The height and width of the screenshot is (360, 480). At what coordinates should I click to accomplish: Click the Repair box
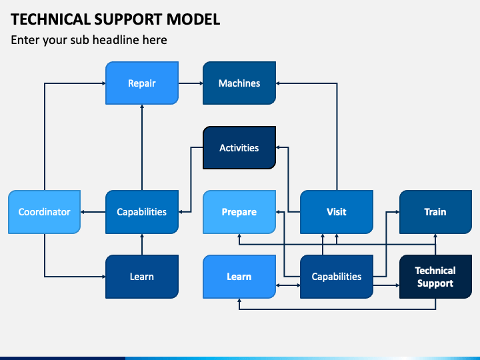[x=142, y=83]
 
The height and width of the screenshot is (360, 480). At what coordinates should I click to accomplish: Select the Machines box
[x=239, y=83]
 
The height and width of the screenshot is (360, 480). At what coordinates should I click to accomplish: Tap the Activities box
[x=239, y=147]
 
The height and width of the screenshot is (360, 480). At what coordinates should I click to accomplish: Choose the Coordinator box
[x=45, y=212]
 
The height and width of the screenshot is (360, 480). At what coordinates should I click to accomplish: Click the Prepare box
[x=239, y=212]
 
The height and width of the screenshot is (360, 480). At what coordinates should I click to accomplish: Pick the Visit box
[x=337, y=212]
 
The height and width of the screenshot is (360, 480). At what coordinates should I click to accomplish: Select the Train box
[x=435, y=212]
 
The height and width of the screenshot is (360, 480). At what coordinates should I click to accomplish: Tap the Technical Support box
[x=435, y=277]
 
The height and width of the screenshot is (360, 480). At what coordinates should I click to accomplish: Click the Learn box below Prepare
[x=239, y=277]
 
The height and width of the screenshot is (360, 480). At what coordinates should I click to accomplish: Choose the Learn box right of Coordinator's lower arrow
[x=142, y=277]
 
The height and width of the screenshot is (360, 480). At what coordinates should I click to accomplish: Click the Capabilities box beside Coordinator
[x=142, y=212]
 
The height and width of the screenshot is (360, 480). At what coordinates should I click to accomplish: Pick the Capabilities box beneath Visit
[x=337, y=277]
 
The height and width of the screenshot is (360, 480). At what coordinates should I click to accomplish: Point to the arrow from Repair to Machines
[x=191, y=83]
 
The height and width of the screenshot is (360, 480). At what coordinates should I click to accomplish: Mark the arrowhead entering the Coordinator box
[x=83, y=212]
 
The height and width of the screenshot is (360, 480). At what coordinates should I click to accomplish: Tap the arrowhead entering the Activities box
[x=278, y=147]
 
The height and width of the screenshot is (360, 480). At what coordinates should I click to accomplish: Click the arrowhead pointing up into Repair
[x=142, y=107]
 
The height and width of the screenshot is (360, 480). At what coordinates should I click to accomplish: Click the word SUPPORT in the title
[x=129, y=19]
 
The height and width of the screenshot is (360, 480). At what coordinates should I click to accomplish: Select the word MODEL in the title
[x=193, y=19]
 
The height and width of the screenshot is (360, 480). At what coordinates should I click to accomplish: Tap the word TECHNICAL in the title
[x=51, y=19]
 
